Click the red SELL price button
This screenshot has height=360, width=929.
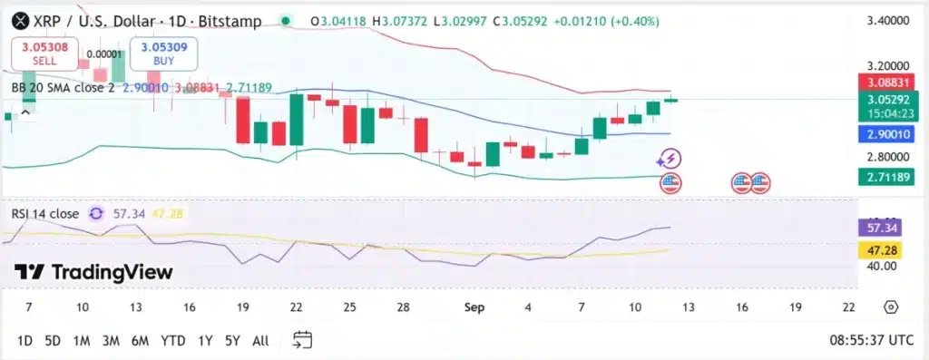click(44, 53)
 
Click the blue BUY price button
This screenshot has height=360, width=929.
click(164, 53)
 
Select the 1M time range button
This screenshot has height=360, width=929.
click(82, 341)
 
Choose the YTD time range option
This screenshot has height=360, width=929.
click(172, 341)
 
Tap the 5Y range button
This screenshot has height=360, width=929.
click(233, 341)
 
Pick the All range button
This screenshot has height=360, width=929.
click(260, 341)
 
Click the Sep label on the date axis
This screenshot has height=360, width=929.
click(474, 307)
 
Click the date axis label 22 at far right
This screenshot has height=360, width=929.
click(849, 307)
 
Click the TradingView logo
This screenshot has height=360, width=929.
click(93, 272)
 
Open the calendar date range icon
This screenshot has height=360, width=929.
click(303, 340)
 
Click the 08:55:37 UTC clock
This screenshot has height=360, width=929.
click(870, 341)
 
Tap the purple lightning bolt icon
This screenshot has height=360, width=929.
click(670, 160)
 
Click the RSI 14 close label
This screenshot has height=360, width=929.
click(45, 213)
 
